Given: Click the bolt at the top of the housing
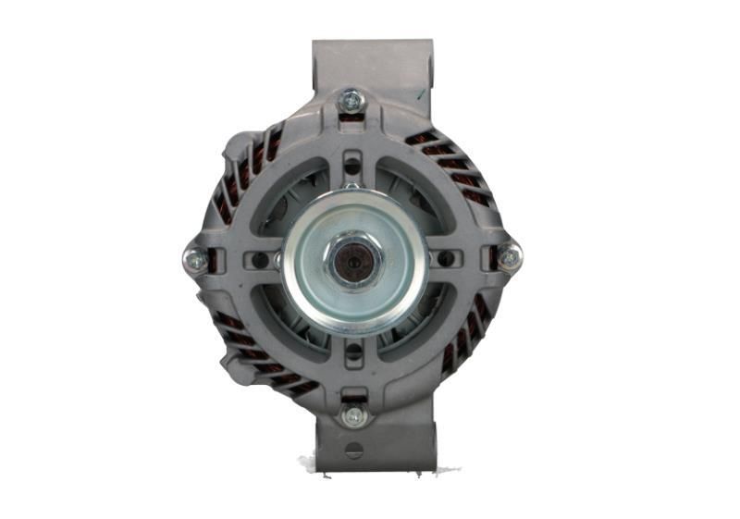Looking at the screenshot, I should pyautogui.click(x=351, y=100).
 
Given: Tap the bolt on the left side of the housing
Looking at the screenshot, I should pyautogui.click(x=196, y=261).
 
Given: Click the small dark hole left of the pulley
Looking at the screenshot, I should pyautogui.click(x=262, y=261).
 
